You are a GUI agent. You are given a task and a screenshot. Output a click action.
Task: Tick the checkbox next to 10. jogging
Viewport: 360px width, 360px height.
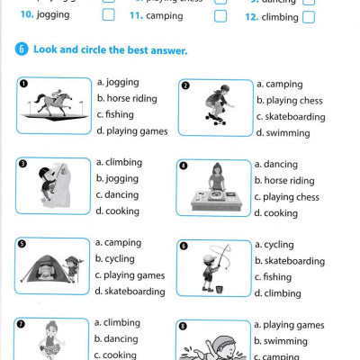coord(109,15)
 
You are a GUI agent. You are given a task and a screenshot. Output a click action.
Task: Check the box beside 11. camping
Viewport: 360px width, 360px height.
coord(220,15)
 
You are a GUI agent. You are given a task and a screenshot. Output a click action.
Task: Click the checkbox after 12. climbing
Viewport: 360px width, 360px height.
coord(309,16)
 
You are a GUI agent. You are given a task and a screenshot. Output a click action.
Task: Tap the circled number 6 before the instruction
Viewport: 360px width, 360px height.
coord(22,51)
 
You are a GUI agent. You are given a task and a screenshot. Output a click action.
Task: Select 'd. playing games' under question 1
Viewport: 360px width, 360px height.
coord(131,130)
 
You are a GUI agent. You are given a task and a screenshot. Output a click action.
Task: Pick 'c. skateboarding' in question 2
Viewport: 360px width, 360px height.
coord(290,117)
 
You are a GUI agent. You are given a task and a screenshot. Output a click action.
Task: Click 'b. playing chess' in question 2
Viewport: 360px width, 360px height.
coord(289,101)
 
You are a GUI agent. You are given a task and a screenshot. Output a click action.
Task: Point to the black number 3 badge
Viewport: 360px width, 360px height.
coord(24,166)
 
